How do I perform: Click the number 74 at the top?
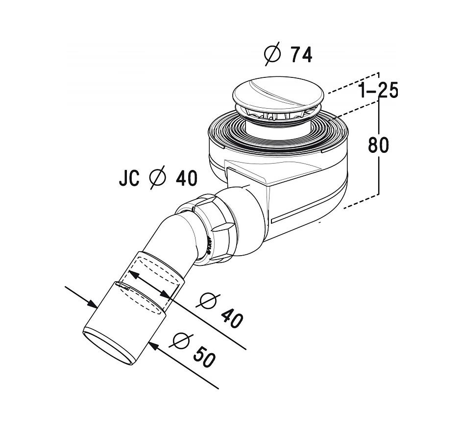301,55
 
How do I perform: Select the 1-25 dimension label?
379,90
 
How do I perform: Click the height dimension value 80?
379,144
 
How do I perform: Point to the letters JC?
129,178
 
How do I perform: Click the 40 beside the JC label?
186,178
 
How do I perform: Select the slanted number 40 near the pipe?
232,319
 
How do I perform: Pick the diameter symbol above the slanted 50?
181,341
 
